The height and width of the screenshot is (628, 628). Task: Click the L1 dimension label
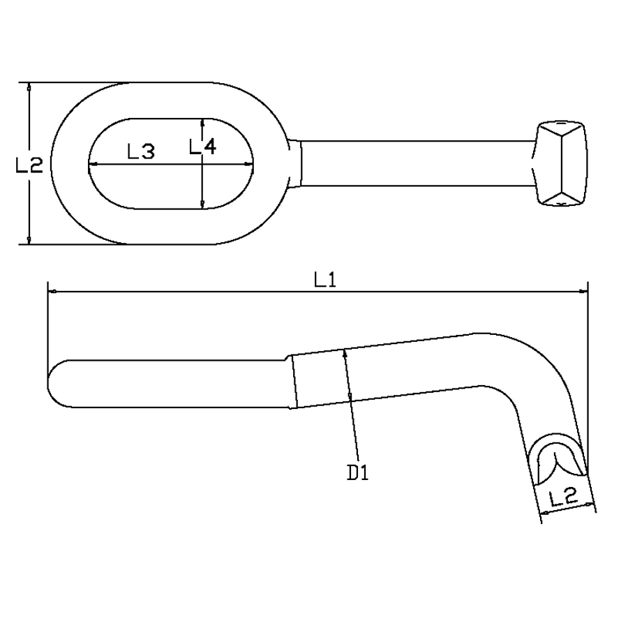click(x=324, y=280)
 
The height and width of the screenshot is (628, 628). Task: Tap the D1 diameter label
click(x=357, y=473)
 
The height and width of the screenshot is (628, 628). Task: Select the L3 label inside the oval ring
click(x=140, y=151)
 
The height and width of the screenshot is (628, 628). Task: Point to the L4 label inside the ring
click(x=202, y=147)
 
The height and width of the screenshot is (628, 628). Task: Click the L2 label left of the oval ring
click(x=29, y=165)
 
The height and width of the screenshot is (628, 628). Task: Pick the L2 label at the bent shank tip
click(x=563, y=498)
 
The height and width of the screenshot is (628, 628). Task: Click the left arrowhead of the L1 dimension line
click(x=51, y=292)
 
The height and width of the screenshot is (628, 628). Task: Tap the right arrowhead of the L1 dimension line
click(x=583, y=292)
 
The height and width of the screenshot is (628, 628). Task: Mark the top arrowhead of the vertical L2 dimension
click(x=29, y=87)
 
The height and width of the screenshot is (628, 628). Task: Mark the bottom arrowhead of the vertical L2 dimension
click(x=29, y=239)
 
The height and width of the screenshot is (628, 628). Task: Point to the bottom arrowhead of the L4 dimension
click(x=202, y=204)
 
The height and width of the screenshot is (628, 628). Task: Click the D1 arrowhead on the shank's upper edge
click(x=345, y=353)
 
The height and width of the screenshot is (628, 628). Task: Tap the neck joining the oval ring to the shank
click(x=294, y=163)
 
